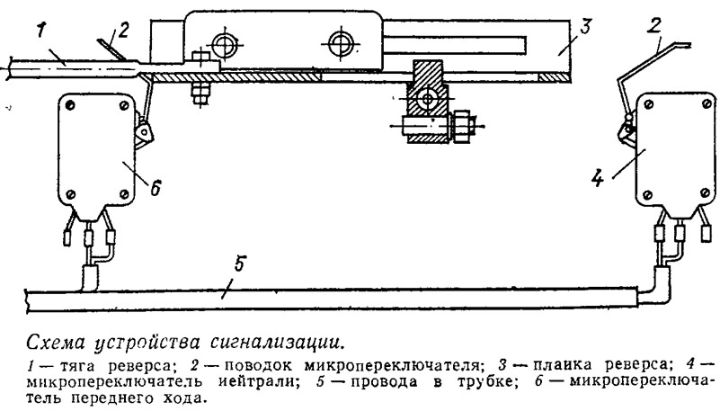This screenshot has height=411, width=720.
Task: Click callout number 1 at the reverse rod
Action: coord(40,32)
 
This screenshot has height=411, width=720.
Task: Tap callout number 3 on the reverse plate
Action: coord(584,28)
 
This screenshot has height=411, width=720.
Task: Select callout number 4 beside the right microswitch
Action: coord(598,178)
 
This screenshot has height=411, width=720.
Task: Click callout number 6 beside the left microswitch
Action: coord(156,187)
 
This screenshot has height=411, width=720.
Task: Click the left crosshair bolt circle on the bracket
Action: coord(224,44)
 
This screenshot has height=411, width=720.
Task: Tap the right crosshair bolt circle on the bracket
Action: coord(341,44)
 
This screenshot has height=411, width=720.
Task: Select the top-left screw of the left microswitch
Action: coord(70,106)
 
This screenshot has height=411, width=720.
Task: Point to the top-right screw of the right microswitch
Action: coord(707,105)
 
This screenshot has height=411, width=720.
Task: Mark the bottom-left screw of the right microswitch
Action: coord(647,195)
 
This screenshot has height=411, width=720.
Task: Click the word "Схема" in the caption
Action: coord(56,343)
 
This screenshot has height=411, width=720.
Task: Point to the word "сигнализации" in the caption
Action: coord(278,343)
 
